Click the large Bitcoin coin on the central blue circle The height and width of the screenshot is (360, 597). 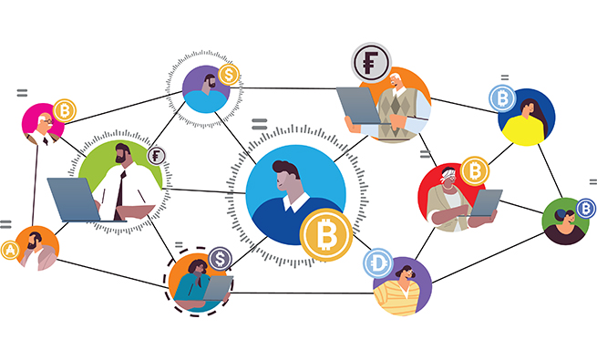tap(325, 235)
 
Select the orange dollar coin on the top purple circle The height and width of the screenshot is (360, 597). tap(228, 74)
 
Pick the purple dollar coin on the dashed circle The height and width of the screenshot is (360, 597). tap(220, 260)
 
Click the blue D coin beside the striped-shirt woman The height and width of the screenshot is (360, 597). tap(379, 264)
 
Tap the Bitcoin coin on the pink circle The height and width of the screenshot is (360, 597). tap(64, 111)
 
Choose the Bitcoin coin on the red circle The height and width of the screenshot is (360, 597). tap(473, 170)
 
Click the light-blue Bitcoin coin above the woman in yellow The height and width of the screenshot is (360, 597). tap(500, 98)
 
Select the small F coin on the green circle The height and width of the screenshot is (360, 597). tap(157, 156)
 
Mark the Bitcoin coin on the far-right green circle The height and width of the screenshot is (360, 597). tap(585, 209)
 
